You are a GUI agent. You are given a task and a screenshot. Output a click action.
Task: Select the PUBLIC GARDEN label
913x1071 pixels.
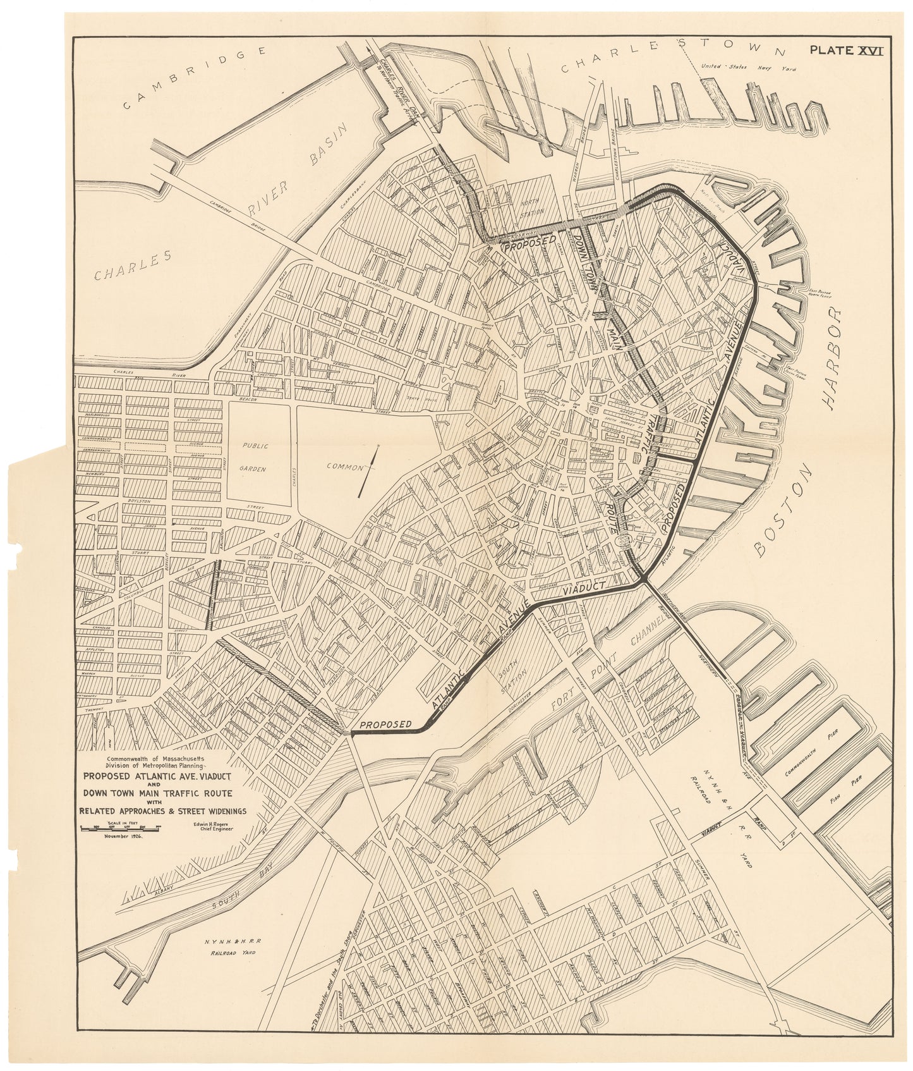pos(258,453)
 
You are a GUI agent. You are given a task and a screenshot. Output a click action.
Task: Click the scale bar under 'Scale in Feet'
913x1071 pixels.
pos(119,827)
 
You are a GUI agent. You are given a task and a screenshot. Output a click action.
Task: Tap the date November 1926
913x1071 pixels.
pos(120,835)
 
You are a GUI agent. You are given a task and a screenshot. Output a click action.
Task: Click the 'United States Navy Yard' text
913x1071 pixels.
pos(749,68)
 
